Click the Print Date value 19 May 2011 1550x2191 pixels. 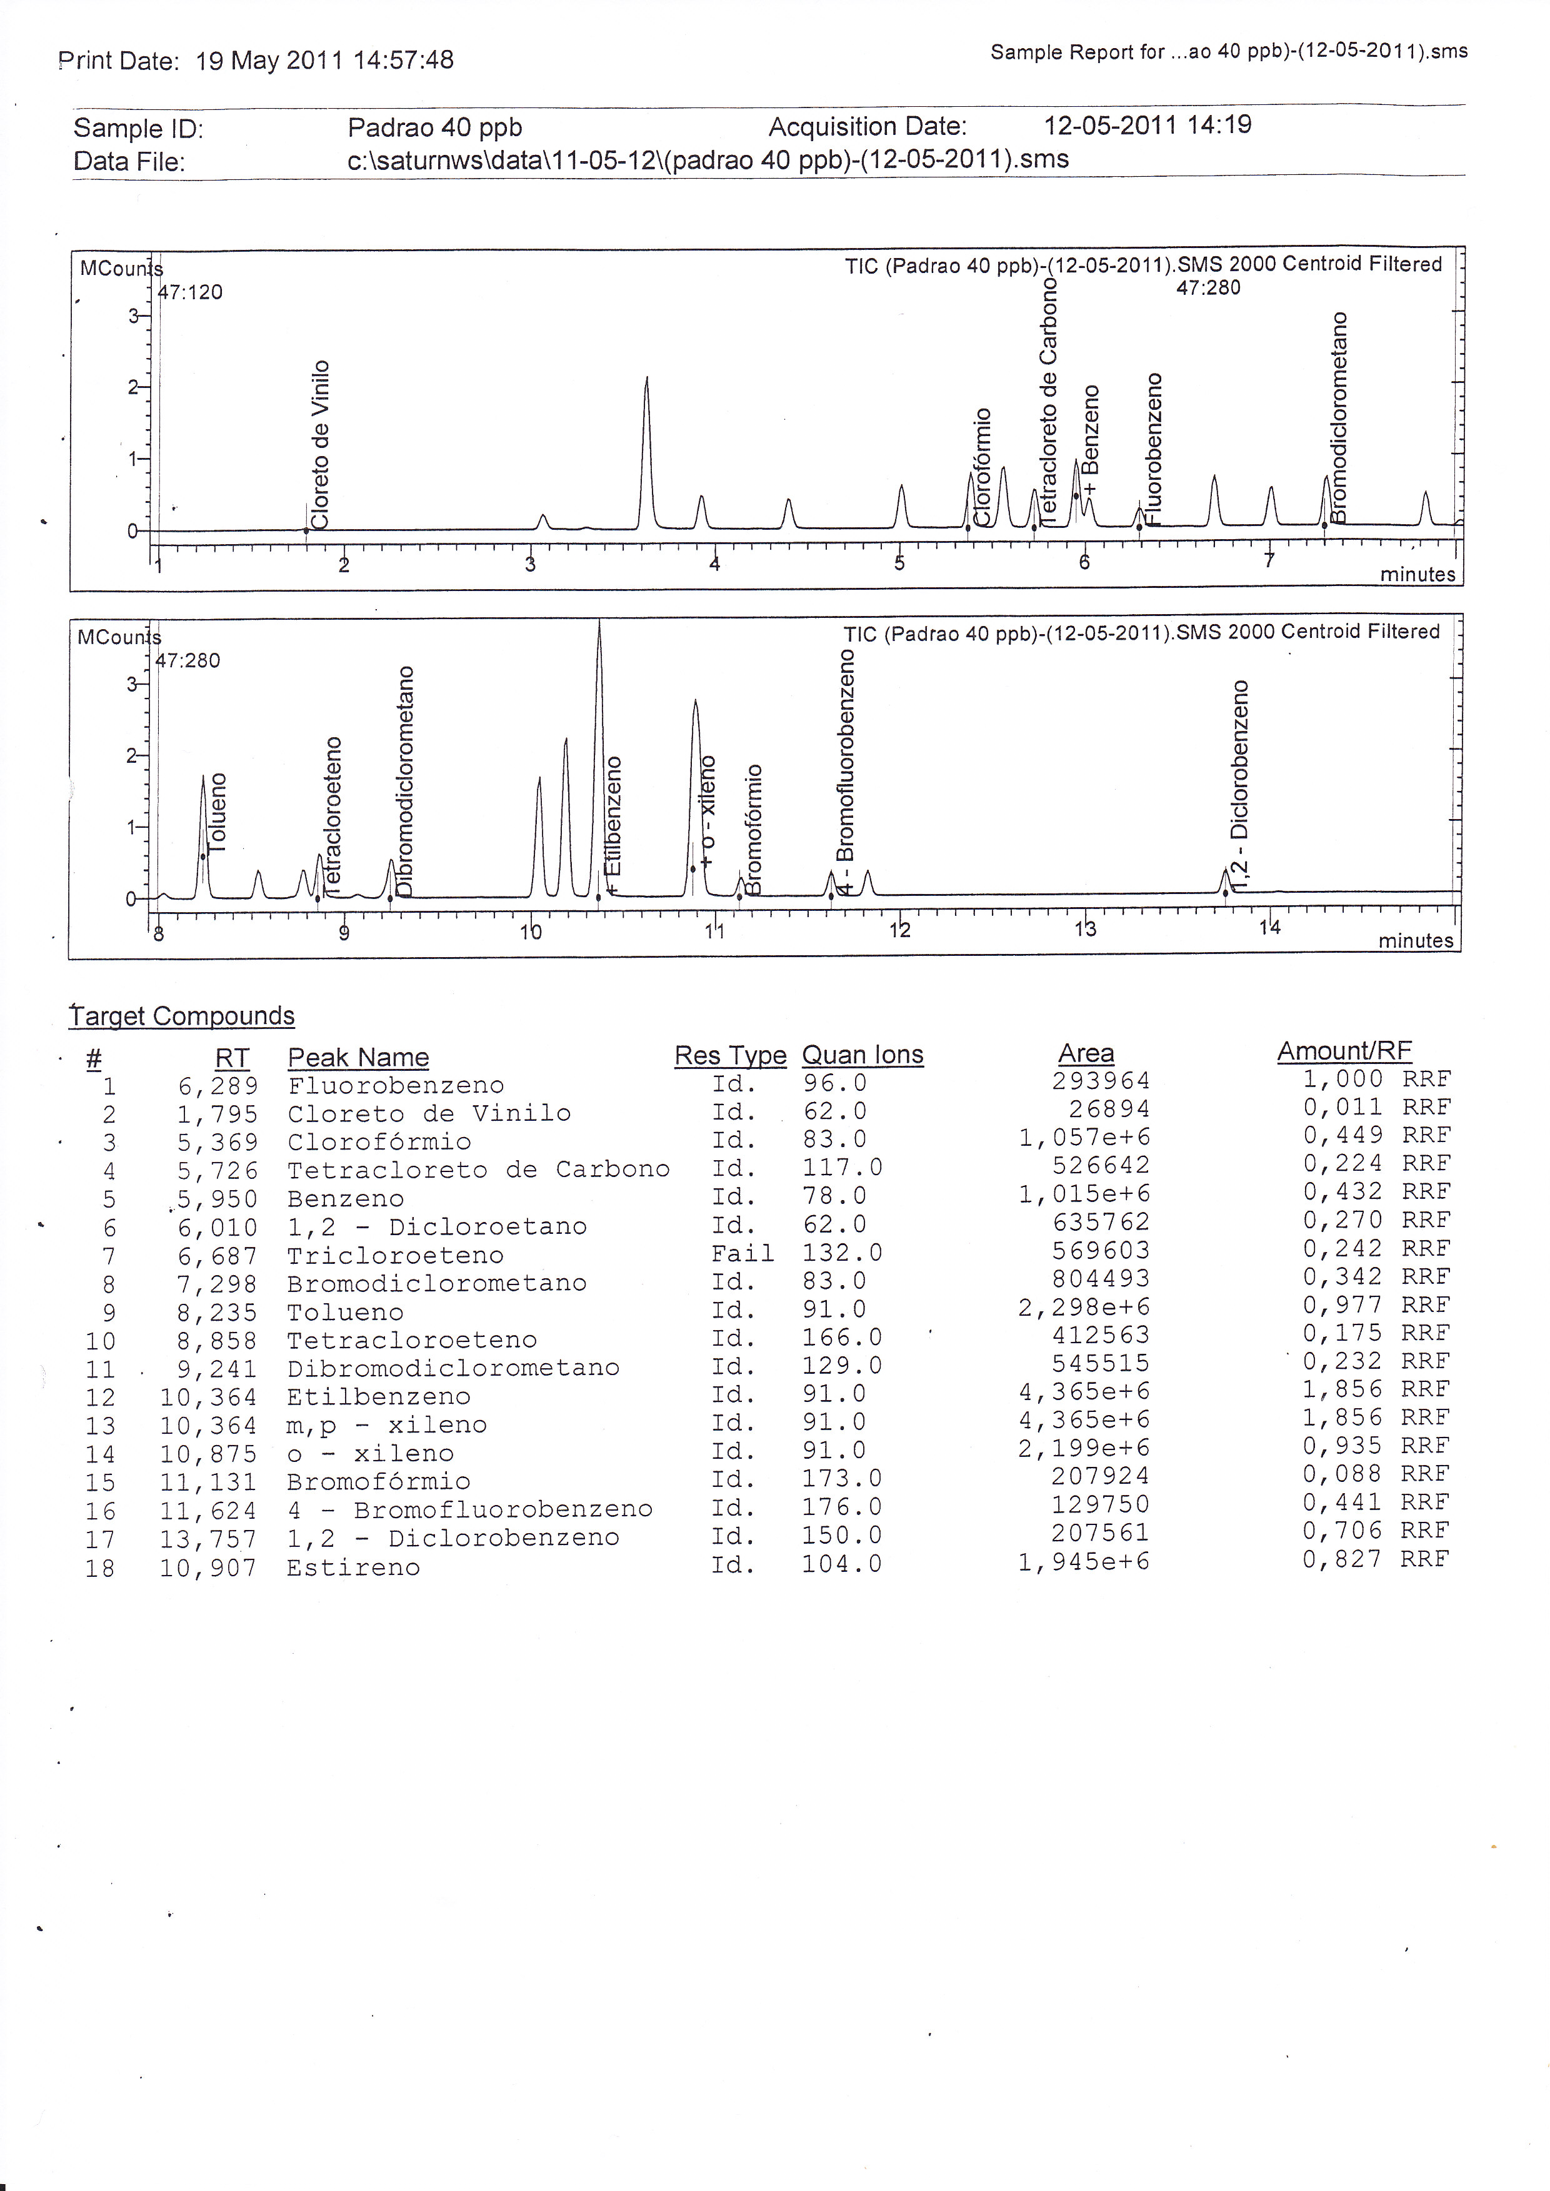(269, 61)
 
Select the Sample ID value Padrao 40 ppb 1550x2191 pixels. (434, 128)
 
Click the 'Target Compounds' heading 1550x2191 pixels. (182, 1016)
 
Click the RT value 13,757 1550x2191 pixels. (208, 1538)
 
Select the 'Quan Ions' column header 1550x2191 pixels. (862, 1055)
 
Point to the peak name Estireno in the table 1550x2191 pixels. (353, 1567)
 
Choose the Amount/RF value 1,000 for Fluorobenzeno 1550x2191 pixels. (1342, 1080)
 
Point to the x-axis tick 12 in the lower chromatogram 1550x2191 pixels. (900, 930)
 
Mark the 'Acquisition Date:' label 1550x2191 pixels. (867, 127)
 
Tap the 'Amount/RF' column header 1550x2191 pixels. (1344, 1051)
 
